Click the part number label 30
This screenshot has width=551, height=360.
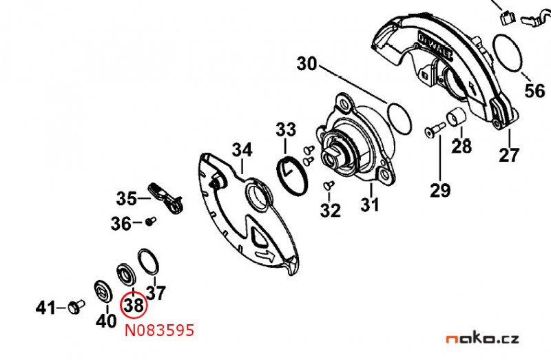307,65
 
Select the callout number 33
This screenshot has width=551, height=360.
286,129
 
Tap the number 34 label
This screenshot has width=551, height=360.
242,150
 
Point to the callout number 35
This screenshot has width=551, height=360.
127,199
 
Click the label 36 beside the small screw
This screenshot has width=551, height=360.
121,223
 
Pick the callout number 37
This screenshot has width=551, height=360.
156,294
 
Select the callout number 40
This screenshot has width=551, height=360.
106,320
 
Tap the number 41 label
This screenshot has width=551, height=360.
46,308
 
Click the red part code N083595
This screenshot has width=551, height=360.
159,331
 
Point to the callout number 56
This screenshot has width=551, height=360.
534,92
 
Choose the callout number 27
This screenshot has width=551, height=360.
509,155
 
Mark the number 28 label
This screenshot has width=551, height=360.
462,147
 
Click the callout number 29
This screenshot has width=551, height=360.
440,189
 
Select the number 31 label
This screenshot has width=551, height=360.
370,205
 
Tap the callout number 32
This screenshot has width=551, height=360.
330,210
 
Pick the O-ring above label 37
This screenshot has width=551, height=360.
148,262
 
